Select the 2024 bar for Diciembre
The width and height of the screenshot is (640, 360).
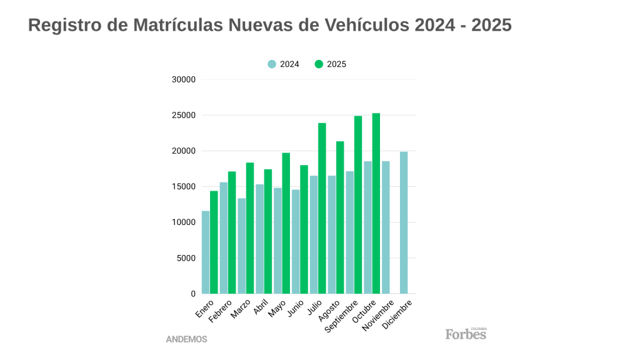404,222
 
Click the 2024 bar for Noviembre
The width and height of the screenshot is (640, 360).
386,227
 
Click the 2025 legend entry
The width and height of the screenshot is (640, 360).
331,64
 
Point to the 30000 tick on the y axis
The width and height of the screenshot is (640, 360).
184,80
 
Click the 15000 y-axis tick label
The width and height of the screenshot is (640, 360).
184,187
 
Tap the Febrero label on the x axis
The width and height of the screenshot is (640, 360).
221,310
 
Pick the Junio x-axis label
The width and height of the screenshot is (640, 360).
295,308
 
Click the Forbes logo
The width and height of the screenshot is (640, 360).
466,334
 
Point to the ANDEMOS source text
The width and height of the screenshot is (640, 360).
186,339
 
